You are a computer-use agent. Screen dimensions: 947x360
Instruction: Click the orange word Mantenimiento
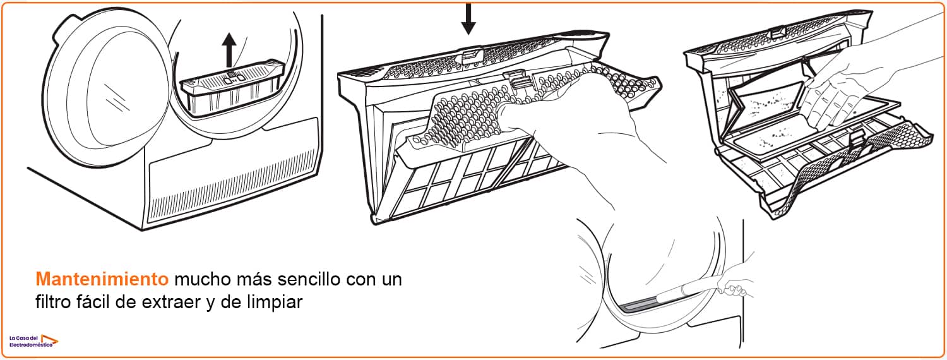pos(102,279)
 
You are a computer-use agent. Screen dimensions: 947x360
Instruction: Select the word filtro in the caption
pos(53,302)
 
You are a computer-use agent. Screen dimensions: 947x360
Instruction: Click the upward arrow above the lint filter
pos(229,49)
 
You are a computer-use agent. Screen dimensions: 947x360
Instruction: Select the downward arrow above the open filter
pos(468,19)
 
